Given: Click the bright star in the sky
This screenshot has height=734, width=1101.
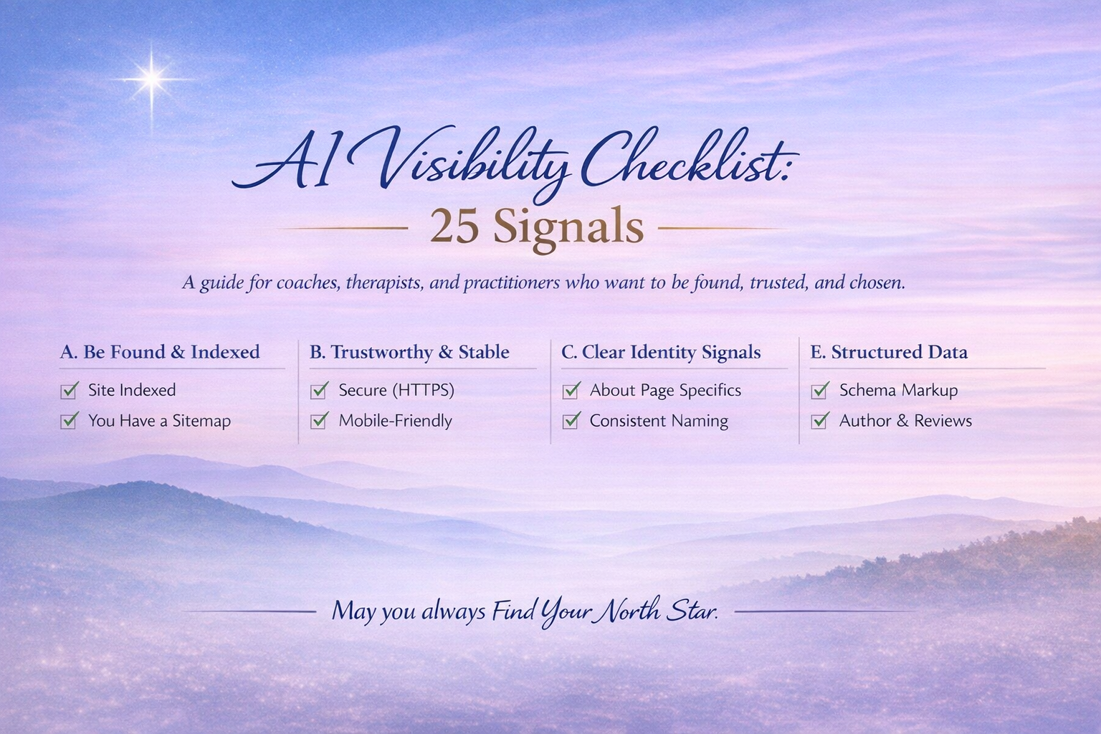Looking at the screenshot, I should point(152,78).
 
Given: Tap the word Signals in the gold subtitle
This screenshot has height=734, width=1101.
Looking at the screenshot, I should point(568,227).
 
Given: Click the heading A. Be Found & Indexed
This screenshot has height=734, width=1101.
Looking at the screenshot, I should point(159,352).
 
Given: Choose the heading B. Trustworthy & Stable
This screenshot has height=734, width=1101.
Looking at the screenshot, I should point(409,352).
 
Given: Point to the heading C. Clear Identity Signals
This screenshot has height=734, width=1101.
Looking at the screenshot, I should point(661,352).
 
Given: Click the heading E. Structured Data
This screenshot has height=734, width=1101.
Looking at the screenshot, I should point(889,352).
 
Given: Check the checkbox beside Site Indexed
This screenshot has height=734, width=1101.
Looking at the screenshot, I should point(70,391).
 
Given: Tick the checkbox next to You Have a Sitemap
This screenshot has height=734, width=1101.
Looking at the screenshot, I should point(70,421).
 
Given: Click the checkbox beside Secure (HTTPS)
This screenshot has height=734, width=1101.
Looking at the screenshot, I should point(319,391).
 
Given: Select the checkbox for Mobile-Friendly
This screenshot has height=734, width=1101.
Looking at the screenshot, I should point(319,421).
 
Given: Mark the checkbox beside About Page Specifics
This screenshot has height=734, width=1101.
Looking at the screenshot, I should point(571,391).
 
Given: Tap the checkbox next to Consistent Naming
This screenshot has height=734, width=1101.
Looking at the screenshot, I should point(571,421).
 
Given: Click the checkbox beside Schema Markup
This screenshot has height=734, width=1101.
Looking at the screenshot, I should point(820,391).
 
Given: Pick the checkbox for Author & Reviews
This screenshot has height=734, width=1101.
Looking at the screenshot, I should point(820,421).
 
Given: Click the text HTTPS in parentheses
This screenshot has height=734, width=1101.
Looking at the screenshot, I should point(423,390).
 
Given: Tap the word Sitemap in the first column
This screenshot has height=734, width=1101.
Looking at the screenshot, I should point(201,421).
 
